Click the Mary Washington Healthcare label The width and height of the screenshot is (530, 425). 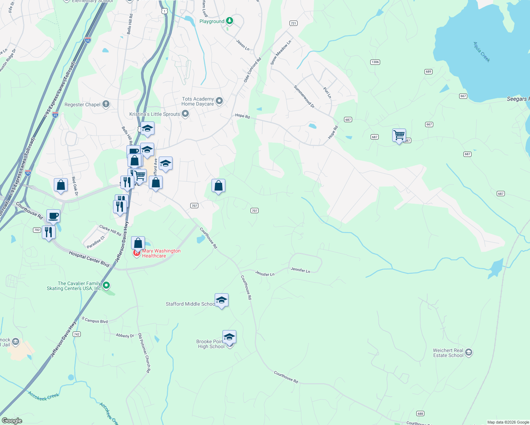(161, 253)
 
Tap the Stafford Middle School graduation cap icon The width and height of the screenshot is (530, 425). (221, 300)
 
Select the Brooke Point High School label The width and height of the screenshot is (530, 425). (211, 344)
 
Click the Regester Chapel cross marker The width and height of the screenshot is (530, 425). (106, 104)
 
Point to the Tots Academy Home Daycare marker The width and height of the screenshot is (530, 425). (219, 101)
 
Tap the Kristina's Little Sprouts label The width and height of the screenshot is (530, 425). (154, 114)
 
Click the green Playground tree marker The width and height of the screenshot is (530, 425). (230, 21)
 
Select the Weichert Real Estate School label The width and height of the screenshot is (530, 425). (448, 353)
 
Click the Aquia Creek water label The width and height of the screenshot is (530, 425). (482, 52)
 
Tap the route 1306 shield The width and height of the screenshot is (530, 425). (375, 62)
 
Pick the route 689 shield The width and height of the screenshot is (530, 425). (428, 72)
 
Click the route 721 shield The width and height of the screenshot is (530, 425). (293, 23)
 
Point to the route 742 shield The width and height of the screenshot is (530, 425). (77, 334)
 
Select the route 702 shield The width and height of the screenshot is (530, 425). (37, 230)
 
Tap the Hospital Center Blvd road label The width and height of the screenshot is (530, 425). (89, 259)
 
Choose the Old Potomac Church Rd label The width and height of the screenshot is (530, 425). (144, 353)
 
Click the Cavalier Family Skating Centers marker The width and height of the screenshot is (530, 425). (106, 285)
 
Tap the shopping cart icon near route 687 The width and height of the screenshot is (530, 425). (399, 135)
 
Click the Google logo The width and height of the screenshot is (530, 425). (12, 421)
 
